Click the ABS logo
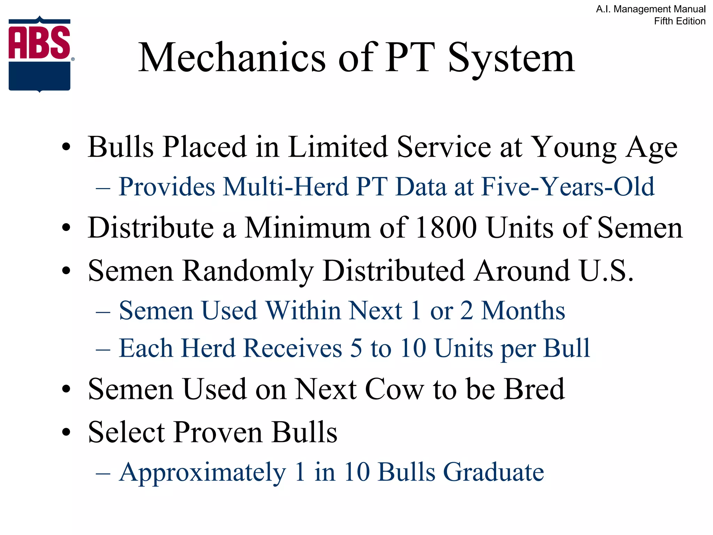click(x=40, y=54)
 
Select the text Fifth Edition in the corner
click(x=679, y=21)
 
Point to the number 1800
click(x=446, y=228)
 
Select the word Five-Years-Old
click(x=567, y=187)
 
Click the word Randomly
click(x=248, y=271)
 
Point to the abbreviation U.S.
click(x=606, y=271)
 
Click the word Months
click(x=523, y=310)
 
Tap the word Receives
click(x=292, y=348)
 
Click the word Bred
click(x=534, y=389)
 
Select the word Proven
click(x=218, y=432)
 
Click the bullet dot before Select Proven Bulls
click(x=66, y=433)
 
